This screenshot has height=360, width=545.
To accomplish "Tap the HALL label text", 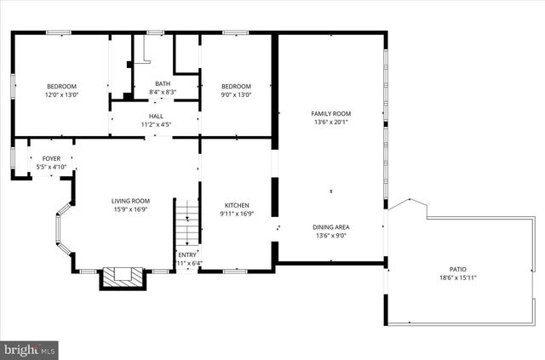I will [x=156, y=117].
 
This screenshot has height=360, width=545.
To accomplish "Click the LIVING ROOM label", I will [x=130, y=201].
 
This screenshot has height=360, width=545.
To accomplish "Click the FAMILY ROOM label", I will [x=331, y=113].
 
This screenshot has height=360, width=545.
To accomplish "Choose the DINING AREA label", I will [x=331, y=227].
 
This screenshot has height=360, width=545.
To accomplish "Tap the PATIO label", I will [x=458, y=269].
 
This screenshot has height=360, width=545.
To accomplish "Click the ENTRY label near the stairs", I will [x=187, y=254].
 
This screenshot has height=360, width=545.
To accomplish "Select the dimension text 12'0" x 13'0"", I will [x=61, y=94].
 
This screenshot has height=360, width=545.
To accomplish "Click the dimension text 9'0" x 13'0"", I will [x=236, y=94].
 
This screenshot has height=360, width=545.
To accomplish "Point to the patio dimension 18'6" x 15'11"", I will [x=458, y=277].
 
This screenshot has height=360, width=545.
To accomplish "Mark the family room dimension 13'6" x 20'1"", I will [x=331, y=122].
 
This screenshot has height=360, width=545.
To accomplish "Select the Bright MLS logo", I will [x=30, y=348].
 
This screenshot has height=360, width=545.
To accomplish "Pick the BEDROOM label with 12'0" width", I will [x=61, y=86].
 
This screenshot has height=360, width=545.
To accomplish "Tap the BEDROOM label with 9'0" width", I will [x=236, y=86].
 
